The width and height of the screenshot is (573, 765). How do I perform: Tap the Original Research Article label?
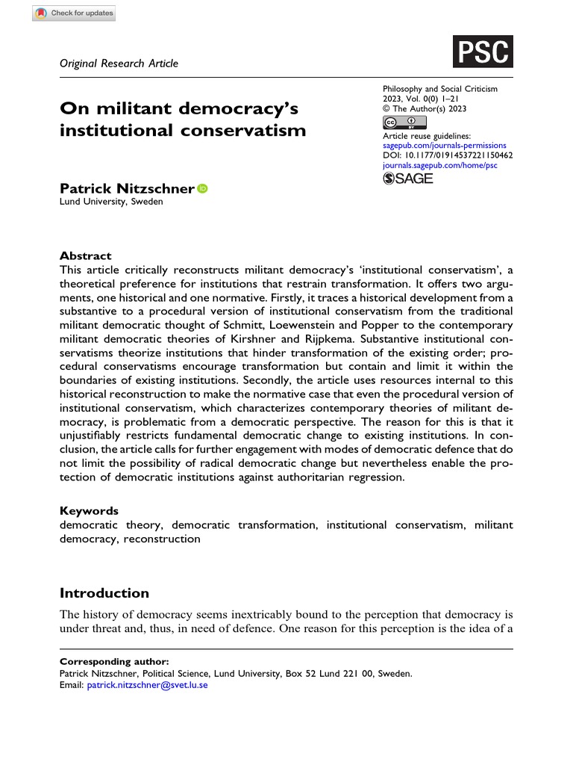(x=119, y=64)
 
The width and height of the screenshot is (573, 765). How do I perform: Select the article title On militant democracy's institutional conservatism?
(x=183, y=120)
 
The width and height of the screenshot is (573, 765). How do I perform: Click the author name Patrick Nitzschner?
(x=127, y=190)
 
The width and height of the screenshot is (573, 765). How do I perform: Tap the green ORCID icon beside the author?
(x=203, y=190)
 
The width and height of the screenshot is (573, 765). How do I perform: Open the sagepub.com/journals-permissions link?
(x=443, y=146)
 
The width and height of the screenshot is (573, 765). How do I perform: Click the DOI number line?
(x=446, y=155)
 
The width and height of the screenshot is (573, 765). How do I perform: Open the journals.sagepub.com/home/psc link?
(x=439, y=165)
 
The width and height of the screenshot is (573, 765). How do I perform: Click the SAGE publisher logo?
(x=407, y=179)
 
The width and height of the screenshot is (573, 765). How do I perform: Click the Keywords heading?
(x=89, y=511)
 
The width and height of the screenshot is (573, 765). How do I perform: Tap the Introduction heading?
(x=104, y=593)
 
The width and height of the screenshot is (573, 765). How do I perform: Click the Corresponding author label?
(x=114, y=662)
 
